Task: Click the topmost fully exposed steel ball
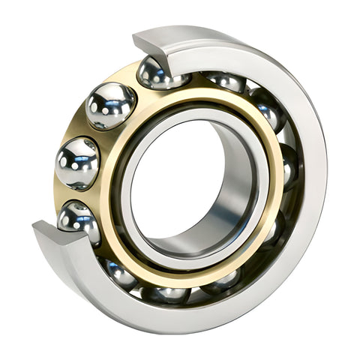[x=110, y=105]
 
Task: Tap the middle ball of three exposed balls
[x=77, y=162]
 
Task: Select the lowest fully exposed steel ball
[x=79, y=219]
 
